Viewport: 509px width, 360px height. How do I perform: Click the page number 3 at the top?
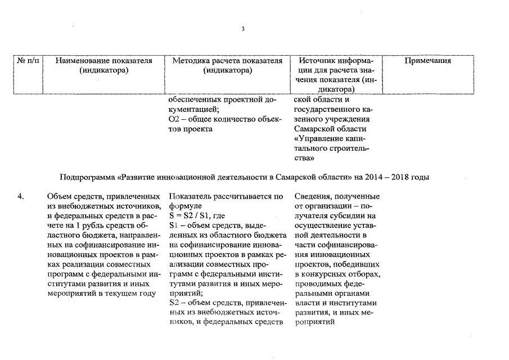point(243,29)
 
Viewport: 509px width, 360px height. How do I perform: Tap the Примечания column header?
point(428,61)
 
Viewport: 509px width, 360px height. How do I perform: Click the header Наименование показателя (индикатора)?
point(104,65)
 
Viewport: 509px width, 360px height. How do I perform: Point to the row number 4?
point(21,196)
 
